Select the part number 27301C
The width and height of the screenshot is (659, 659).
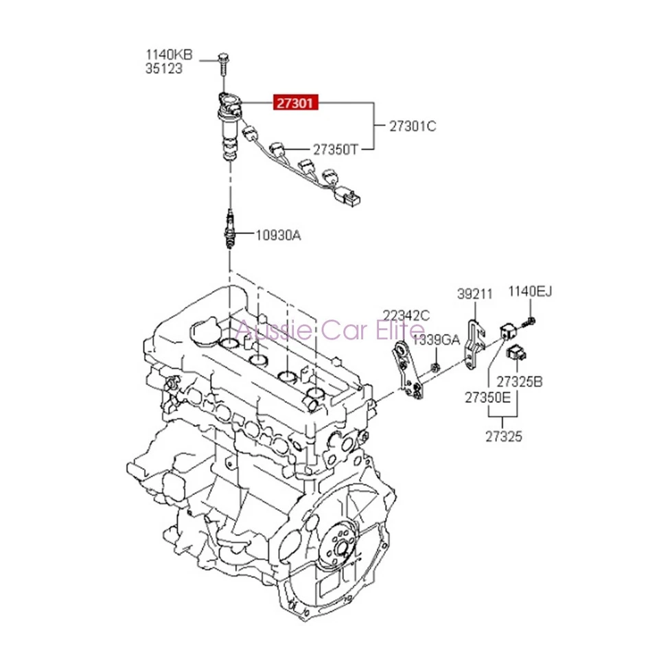click(413, 126)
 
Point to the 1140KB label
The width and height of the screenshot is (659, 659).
click(169, 55)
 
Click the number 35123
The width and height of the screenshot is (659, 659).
click(164, 69)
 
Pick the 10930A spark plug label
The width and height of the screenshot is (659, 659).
click(278, 235)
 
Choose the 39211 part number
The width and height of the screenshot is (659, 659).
click(475, 294)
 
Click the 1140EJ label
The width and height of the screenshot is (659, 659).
click(530, 294)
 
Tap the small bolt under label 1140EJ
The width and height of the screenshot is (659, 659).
click(531, 321)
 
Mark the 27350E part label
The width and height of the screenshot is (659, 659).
click(487, 397)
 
